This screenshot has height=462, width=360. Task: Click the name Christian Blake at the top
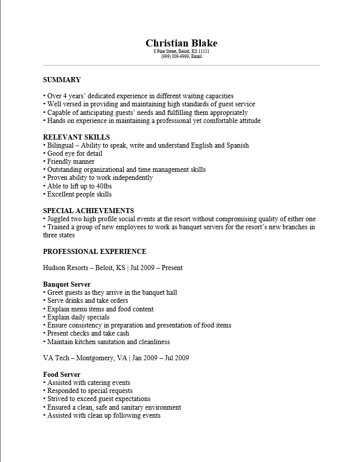[x=181, y=43]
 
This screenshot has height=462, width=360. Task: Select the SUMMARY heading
[x=62, y=80]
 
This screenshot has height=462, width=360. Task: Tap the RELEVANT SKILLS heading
[x=77, y=137]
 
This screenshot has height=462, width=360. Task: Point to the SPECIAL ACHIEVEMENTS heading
[x=89, y=211]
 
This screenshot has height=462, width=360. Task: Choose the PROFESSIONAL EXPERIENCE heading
[x=95, y=251]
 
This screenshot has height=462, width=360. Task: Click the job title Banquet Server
[x=67, y=284]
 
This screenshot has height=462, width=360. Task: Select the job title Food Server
[x=61, y=374]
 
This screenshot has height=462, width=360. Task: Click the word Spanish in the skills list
[x=238, y=145]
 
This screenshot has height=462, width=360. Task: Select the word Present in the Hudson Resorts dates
[x=172, y=268]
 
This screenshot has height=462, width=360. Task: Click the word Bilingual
[x=60, y=145]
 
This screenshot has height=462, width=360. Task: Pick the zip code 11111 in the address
[x=203, y=51]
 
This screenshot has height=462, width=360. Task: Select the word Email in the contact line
[x=196, y=56]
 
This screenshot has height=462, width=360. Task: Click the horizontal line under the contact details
[x=181, y=65]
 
